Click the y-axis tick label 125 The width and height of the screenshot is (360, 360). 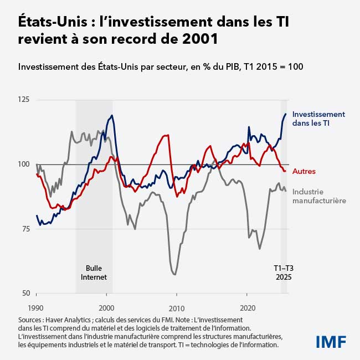(24, 100)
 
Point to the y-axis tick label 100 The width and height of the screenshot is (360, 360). (24, 164)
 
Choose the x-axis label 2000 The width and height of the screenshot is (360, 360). (106, 307)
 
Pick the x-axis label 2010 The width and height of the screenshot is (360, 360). (177, 307)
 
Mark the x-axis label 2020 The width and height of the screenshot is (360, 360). (248, 307)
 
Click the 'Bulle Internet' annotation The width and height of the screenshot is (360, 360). (94, 272)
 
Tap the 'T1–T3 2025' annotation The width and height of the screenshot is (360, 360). (283, 272)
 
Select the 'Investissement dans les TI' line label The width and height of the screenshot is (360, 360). (318, 119)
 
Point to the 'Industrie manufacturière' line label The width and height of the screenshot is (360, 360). (318, 196)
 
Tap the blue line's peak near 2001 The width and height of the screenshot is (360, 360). (112, 116)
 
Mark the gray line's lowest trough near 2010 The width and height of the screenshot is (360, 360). (175, 274)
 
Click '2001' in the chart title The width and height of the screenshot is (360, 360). (197, 40)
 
